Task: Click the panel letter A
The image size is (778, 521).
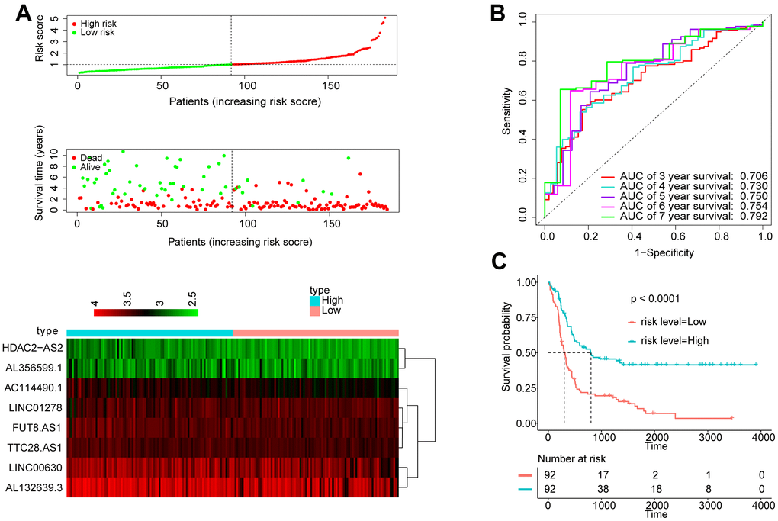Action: tap(21, 12)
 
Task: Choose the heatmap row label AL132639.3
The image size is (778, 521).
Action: tap(34, 487)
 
